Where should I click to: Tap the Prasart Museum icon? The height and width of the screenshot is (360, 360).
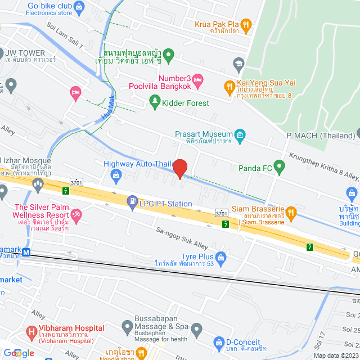(x=240, y=134)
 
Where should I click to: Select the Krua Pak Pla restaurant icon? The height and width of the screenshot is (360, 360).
(x=246, y=24)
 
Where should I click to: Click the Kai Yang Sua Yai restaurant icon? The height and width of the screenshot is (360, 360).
(x=229, y=87)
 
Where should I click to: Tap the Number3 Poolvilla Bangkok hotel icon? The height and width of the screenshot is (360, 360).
(x=198, y=83)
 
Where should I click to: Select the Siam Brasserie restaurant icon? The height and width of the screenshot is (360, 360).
(x=291, y=212)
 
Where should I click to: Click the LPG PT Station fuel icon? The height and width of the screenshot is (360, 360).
(x=132, y=200)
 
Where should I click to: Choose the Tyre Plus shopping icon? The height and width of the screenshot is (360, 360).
(x=222, y=256)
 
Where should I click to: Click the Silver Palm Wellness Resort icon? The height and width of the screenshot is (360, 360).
(x=76, y=214)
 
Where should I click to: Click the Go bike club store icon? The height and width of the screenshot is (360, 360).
(x=78, y=8)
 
